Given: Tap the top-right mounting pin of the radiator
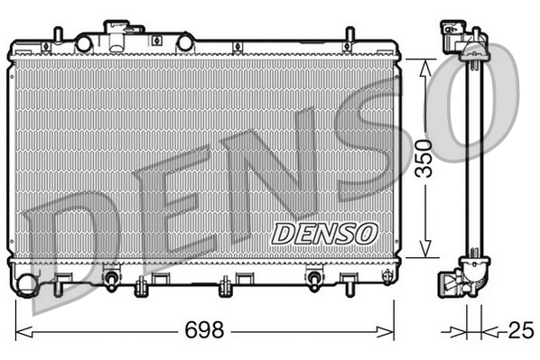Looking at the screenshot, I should tap(348, 37).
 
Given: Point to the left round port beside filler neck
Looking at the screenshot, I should tap(84, 42).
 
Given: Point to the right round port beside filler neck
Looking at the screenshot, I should tap(184, 42).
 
